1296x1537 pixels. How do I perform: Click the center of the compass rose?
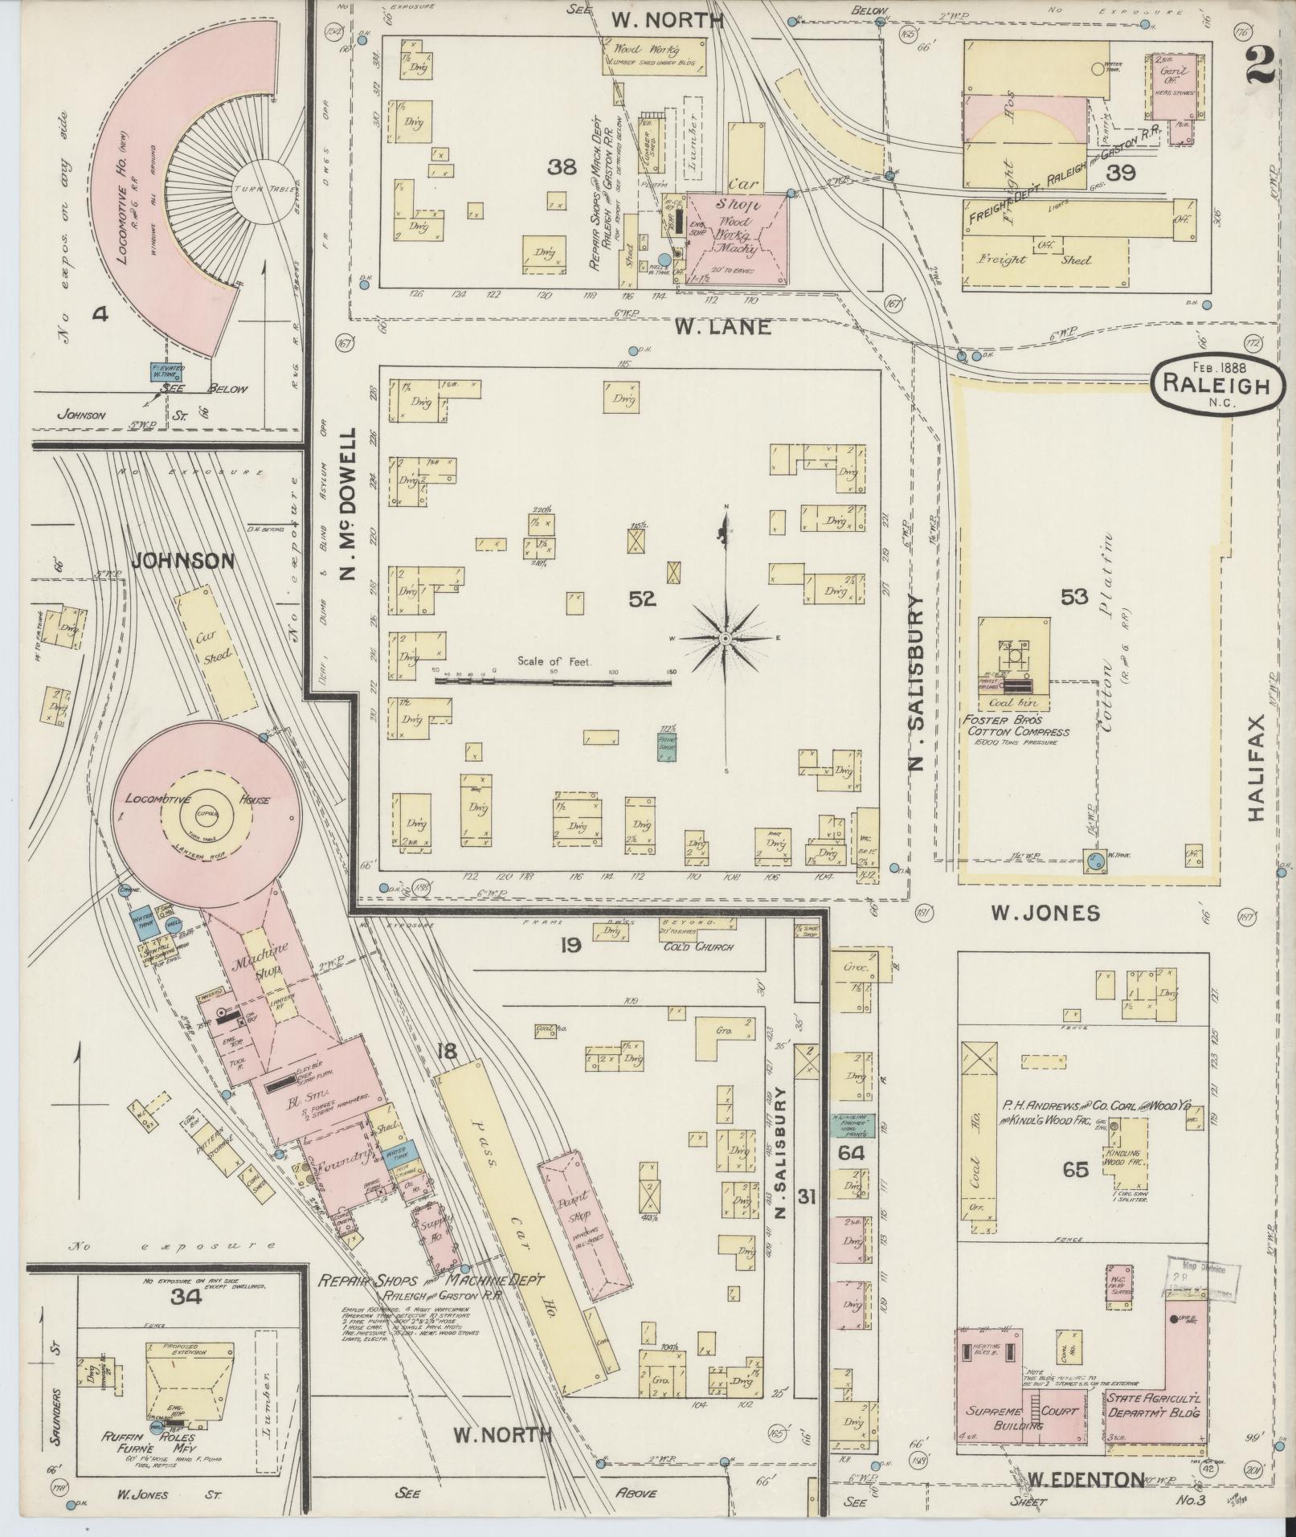point(725,638)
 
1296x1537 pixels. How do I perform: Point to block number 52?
point(643,598)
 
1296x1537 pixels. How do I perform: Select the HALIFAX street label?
point(1257,767)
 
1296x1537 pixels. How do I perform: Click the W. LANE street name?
point(722,327)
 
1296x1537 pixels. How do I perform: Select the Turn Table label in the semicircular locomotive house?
point(255,188)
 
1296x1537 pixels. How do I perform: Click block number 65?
point(1075,1169)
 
